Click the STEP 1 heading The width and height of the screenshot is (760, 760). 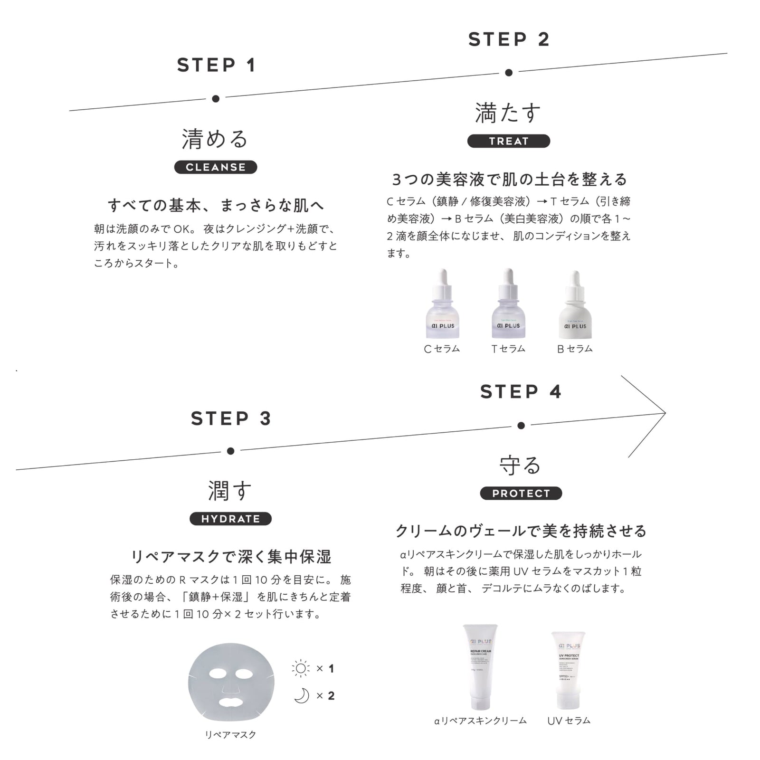pyautogui.click(x=217, y=65)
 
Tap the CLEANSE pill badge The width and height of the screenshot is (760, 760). pyautogui.click(x=216, y=167)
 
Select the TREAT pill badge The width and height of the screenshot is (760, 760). pyautogui.click(x=508, y=141)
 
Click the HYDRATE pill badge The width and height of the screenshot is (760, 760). pyautogui.click(x=230, y=519)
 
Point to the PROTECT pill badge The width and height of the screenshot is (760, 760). pyautogui.click(x=521, y=493)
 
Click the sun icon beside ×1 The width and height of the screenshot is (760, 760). pyautogui.click(x=301, y=669)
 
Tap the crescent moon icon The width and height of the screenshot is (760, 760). pyautogui.click(x=302, y=696)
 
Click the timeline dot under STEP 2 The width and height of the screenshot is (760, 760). pyautogui.click(x=509, y=73)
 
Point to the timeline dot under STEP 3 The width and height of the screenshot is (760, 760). pyautogui.click(x=230, y=451)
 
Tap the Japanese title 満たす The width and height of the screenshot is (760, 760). pyautogui.click(x=508, y=113)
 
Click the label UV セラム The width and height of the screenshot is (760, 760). pyautogui.click(x=569, y=721)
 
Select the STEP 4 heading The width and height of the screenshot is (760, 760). pyautogui.click(x=521, y=392)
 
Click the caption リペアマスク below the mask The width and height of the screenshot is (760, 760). pyautogui.click(x=230, y=734)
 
